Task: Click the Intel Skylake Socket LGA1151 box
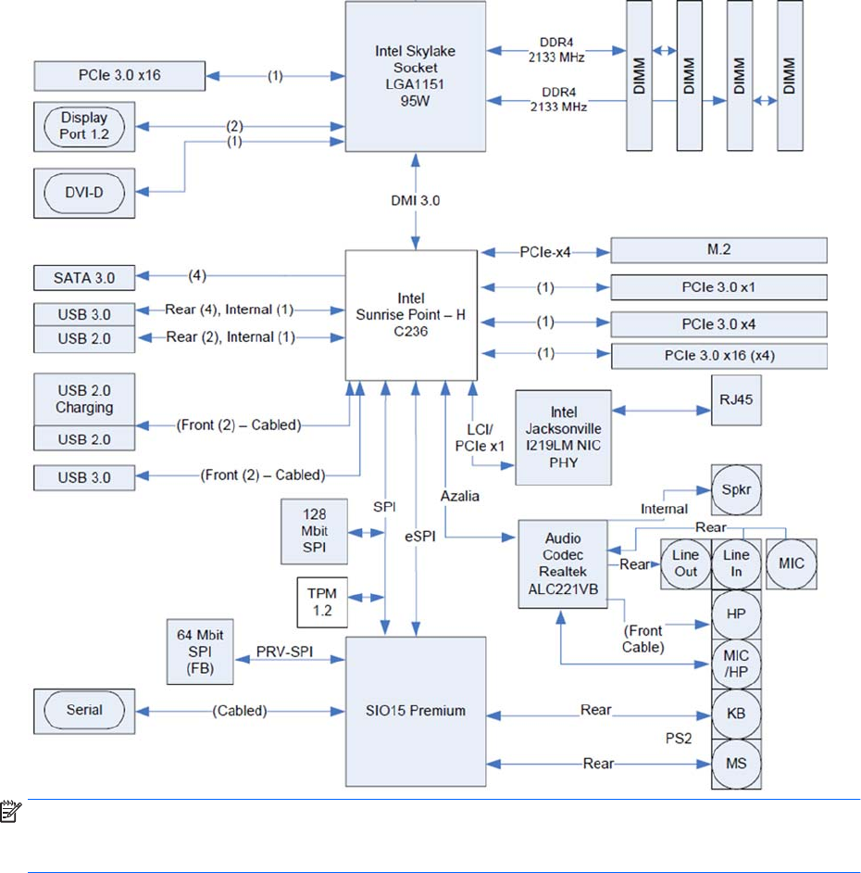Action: (415, 76)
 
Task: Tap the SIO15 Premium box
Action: (415, 711)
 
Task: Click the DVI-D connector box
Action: (84, 193)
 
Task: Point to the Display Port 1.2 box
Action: (84, 127)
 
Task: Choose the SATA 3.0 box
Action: (84, 275)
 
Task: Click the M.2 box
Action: (717, 251)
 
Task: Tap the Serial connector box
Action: (84, 711)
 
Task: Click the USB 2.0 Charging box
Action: (84, 399)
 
